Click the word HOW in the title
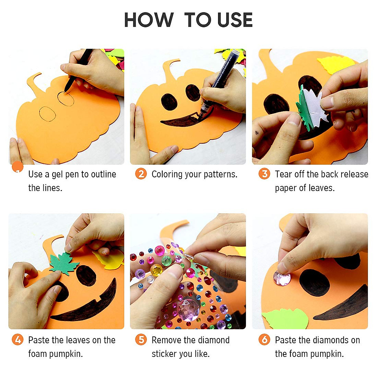(149, 20)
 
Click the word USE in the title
(235, 20)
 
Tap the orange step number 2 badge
(141, 174)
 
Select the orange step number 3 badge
(264, 174)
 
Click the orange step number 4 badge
(18, 340)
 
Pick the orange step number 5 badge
(141, 340)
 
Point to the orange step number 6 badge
(264, 340)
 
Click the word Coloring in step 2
(167, 174)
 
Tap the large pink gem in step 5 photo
(188, 309)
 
